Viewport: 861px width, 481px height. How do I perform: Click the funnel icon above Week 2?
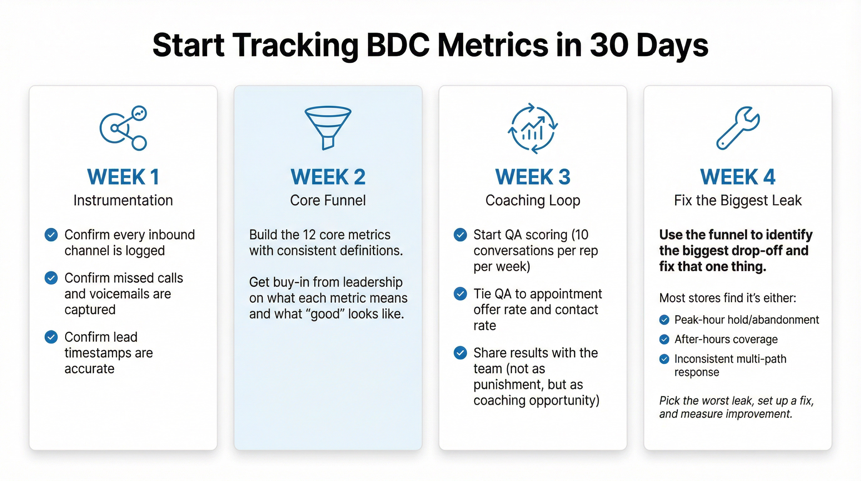[x=328, y=127]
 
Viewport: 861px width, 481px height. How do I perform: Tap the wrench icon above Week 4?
[x=738, y=128]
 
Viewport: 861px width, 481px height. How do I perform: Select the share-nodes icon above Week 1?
[x=123, y=128]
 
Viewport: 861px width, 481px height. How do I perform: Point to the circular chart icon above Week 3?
[x=533, y=128]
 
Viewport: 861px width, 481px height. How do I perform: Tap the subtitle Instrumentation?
[x=123, y=200]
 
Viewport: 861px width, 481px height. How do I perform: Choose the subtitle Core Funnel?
[x=328, y=200]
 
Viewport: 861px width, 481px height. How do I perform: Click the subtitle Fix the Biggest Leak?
[x=738, y=200]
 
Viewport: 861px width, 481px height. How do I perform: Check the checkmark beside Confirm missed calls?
[x=51, y=278]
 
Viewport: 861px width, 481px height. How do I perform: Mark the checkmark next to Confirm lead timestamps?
[x=51, y=337]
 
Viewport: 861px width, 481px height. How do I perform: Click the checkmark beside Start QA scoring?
[x=460, y=235]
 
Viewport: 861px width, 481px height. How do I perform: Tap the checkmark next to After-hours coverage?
[x=664, y=339]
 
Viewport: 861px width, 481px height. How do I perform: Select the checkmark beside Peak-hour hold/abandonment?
[x=664, y=320]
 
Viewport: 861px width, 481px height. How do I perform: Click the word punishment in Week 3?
[x=507, y=385]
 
